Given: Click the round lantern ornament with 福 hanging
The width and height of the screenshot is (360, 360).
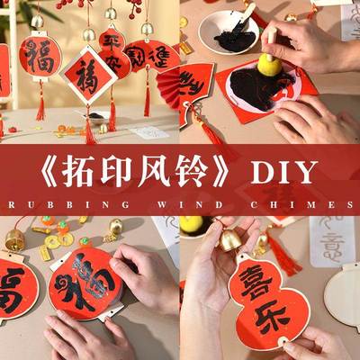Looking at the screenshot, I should point(40,57).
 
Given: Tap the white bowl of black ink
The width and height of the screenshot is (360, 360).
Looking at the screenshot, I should point(228,32).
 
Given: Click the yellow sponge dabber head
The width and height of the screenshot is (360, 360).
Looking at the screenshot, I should point(267,66).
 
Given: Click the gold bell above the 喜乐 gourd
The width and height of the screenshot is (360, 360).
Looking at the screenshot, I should point(230,238).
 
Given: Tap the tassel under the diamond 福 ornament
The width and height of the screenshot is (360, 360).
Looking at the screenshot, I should point(89,127).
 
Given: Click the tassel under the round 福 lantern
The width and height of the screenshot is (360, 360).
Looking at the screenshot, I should point(40,103).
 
